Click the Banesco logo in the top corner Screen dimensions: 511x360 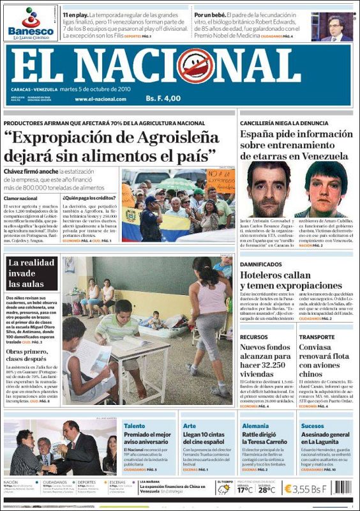click(x=30, y=22)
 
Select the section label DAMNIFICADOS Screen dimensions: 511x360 click(x=260, y=263)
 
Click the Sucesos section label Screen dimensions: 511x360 click(x=312, y=425)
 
